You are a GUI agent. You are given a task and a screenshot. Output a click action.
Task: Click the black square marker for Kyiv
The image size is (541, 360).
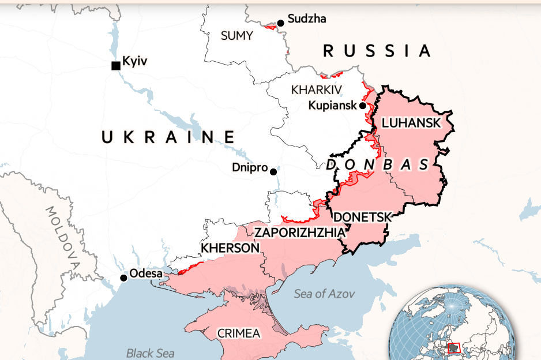pyautogui.click(x=116, y=66)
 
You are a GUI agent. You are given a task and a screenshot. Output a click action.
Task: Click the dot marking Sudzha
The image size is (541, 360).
pyautogui.click(x=280, y=23)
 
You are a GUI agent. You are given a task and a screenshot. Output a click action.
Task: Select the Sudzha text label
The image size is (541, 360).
pyautogui.click(x=306, y=19)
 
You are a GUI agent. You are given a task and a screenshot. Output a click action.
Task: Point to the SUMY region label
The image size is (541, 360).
pyautogui.click(x=236, y=36)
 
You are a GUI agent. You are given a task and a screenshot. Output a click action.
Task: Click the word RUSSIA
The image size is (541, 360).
pyautogui.click(x=377, y=51)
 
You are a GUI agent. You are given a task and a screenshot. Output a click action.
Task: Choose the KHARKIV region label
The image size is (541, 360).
pyautogui.click(x=316, y=90)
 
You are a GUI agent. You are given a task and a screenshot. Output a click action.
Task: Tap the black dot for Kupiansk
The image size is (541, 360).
pyautogui.click(x=363, y=106)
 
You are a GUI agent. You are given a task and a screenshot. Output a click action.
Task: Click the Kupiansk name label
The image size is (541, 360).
pyautogui.click(x=333, y=106)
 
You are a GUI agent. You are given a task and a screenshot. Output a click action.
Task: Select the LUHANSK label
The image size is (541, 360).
pyautogui.click(x=411, y=123)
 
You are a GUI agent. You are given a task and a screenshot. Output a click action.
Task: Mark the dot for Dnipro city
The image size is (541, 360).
pyautogui.click(x=273, y=172)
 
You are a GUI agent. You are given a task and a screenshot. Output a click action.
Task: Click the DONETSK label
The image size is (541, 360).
pyautogui.click(x=363, y=217)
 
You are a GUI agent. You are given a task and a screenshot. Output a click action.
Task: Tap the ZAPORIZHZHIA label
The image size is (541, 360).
pyautogui.click(x=300, y=232)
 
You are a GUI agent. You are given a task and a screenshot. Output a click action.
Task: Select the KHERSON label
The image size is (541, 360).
pyautogui.click(x=230, y=248)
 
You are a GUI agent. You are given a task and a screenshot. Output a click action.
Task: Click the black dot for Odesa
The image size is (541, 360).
pyautogui.click(x=123, y=278)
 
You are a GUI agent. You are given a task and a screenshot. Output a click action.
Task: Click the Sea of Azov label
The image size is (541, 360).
pyautogui.click(x=324, y=294)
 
